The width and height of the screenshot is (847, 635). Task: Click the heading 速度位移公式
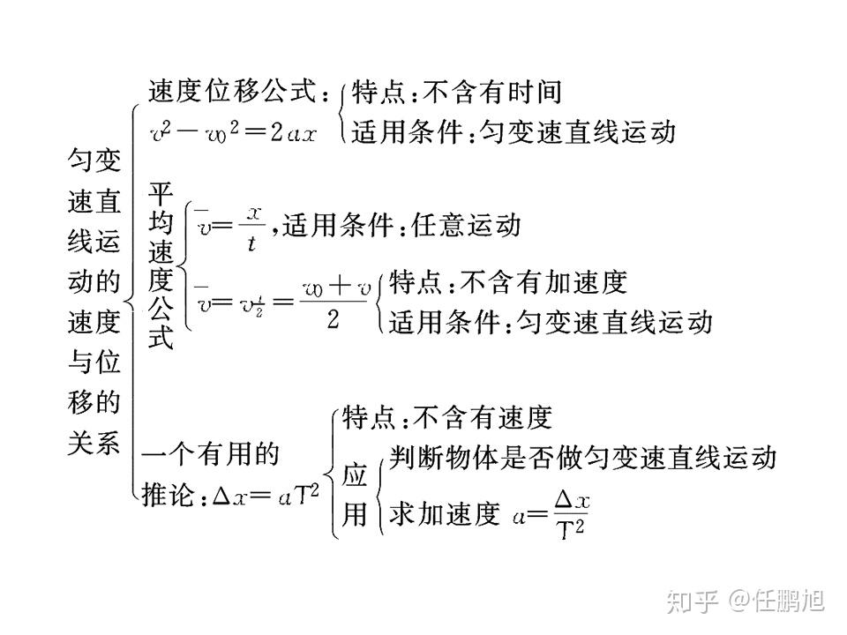(x=232, y=91)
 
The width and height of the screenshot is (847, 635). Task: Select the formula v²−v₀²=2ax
(x=233, y=131)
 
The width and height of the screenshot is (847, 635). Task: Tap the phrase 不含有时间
(x=492, y=92)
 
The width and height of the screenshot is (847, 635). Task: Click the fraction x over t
(x=252, y=228)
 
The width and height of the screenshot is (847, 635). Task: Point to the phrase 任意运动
(x=466, y=225)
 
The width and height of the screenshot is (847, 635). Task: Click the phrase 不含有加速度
(x=543, y=282)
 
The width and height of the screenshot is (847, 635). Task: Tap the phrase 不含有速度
(x=483, y=417)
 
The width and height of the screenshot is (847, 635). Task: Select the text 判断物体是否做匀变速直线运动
(x=582, y=458)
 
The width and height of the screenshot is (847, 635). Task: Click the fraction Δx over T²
(x=572, y=514)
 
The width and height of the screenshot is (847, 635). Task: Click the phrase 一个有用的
(x=210, y=453)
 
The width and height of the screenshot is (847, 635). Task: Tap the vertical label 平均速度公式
(x=161, y=265)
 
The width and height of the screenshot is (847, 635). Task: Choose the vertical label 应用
(x=355, y=494)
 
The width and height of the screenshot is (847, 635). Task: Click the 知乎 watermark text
(x=692, y=601)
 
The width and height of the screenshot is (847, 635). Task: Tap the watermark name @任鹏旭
(x=777, y=601)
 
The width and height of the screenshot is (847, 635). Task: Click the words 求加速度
(x=445, y=513)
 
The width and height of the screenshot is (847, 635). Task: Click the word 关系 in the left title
(x=94, y=443)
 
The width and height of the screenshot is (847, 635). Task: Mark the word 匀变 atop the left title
(x=94, y=160)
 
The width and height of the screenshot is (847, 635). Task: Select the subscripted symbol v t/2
(x=252, y=305)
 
